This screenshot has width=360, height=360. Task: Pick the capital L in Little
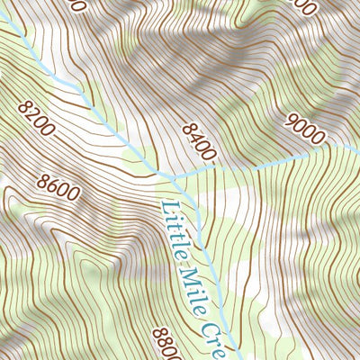pyautogui.click(x=166, y=206)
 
